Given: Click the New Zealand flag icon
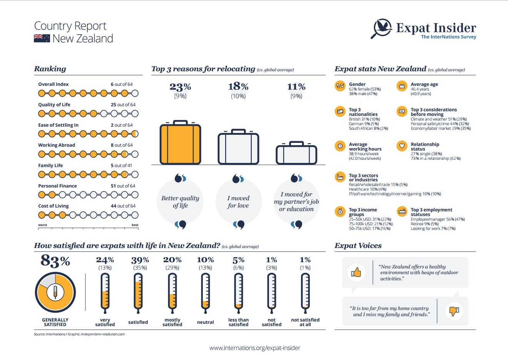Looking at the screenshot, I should [42, 38].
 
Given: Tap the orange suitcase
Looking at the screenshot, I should [180, 143].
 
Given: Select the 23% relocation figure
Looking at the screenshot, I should [180, 87].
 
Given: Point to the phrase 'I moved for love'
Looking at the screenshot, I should [238, 202].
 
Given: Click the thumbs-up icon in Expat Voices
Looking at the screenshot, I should [356, 273].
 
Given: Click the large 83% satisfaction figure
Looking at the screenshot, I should [55, 261].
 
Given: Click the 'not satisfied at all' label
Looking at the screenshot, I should [305, 322].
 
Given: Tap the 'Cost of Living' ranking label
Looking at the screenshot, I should [53, 206].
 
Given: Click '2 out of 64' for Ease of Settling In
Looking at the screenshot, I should [122, 125].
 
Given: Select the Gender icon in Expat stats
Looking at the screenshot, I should [340, 86].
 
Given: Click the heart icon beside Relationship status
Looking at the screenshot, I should [402, 146].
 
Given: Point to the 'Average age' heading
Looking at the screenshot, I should [424, 84].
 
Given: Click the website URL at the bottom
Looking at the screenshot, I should [254, 348].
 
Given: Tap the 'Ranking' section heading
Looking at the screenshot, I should [50, 69].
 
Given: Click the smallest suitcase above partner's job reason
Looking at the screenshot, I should [296, 153].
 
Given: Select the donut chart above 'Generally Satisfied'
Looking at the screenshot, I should [55, 293].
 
